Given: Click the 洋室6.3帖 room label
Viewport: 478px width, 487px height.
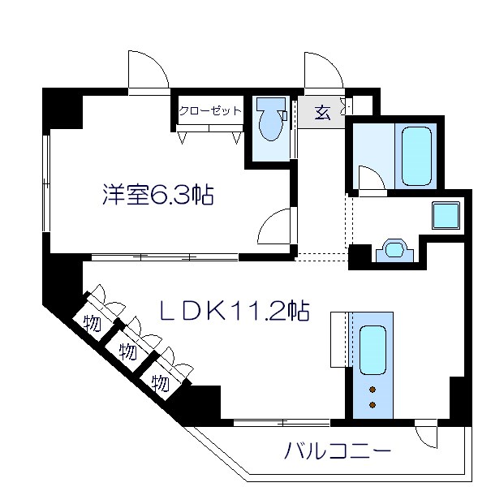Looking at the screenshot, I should coord(157,195).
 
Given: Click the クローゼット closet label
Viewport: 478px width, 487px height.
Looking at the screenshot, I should coord(209,111).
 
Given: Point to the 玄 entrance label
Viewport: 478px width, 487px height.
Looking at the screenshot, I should coord(323,112).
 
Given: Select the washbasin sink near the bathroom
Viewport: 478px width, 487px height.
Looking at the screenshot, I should coord(395,250).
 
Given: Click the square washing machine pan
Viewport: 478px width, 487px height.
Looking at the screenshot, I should coord(446,215).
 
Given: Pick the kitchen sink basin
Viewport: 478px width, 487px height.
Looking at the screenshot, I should coord(372,348).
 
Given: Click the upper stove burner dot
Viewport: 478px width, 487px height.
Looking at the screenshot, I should coord(372,387).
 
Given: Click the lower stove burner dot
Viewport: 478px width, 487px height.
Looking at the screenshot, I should coord(372,403).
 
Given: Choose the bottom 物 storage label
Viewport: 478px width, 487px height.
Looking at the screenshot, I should coord(161,381).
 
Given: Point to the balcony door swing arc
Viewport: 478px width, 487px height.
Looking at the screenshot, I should coord(424,436).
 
